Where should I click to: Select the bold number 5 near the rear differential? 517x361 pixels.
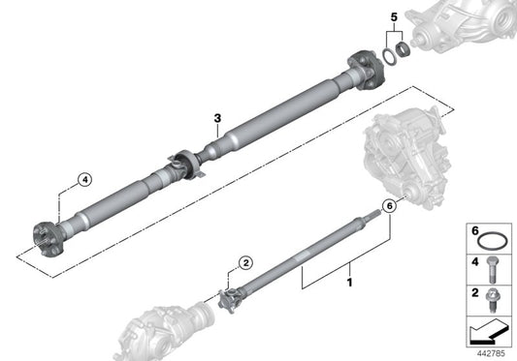tap(393, 16)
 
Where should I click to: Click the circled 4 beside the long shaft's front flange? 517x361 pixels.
tap(84, 178)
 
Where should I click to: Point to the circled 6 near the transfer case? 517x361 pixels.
tap(389, 205)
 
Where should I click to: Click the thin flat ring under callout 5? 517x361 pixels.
tap(385, 52)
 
